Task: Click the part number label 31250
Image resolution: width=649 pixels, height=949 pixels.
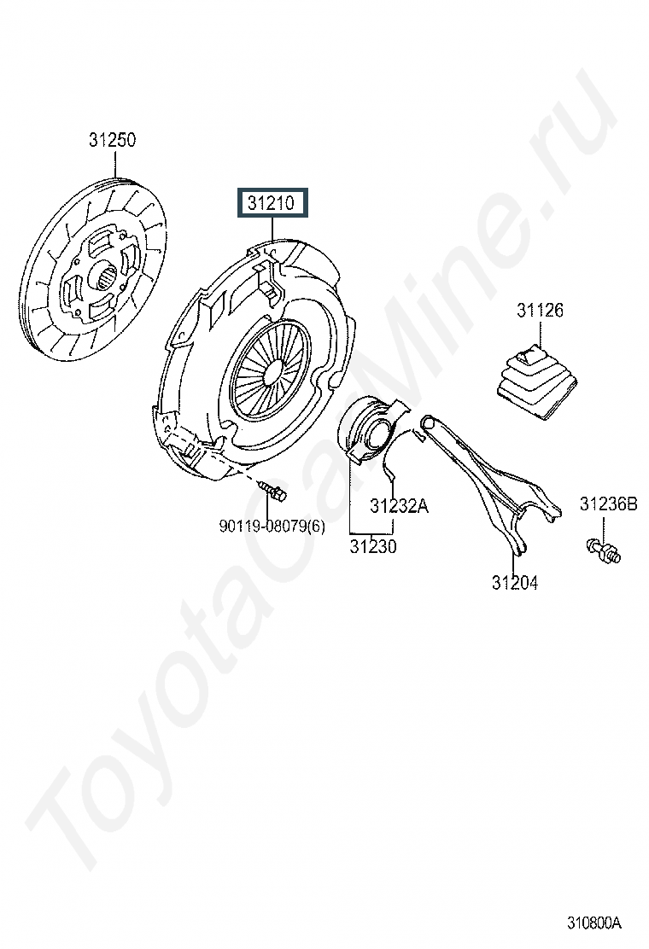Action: (x=113, y=140)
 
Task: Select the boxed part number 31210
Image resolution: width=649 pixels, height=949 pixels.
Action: (x=272, y=203)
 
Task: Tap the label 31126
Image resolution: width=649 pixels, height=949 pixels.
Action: (x=540, y=311)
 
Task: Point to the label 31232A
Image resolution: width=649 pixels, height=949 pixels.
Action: (x=399, y=505)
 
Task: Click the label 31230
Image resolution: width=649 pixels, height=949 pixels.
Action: (x=373, y=546)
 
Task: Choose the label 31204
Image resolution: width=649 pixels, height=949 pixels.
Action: (x=515, y=583)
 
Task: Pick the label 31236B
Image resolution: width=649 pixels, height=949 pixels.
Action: (x=608, y=504)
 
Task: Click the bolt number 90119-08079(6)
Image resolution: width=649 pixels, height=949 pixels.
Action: (x=272, y=527)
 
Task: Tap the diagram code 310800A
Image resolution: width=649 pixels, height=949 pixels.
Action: (x=594, y=923)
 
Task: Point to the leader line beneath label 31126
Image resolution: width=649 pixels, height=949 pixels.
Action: (x=540, y=332)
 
